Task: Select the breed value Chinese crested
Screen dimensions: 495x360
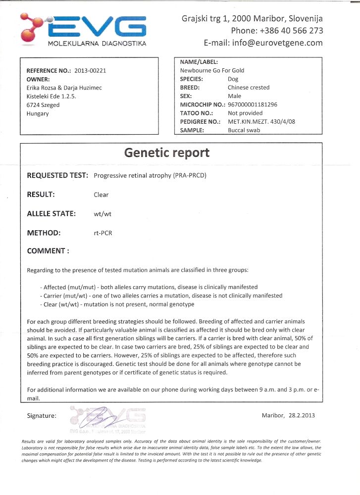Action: (249, 88)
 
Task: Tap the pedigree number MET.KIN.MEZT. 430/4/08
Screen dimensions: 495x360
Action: (261, 122)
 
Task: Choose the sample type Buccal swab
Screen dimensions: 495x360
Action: (245, 130)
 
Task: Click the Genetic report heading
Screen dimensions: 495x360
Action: (167, 152)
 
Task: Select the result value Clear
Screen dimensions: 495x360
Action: (101, 195)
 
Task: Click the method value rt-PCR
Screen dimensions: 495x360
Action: (103, 233)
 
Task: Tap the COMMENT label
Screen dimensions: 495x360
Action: (48, 251)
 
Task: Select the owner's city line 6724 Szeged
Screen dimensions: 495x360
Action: (43, 105)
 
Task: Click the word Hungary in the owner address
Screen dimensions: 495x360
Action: (38, 113)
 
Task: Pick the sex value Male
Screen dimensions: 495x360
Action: (235, 96)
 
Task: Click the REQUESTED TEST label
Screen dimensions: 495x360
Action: (57, 175)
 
